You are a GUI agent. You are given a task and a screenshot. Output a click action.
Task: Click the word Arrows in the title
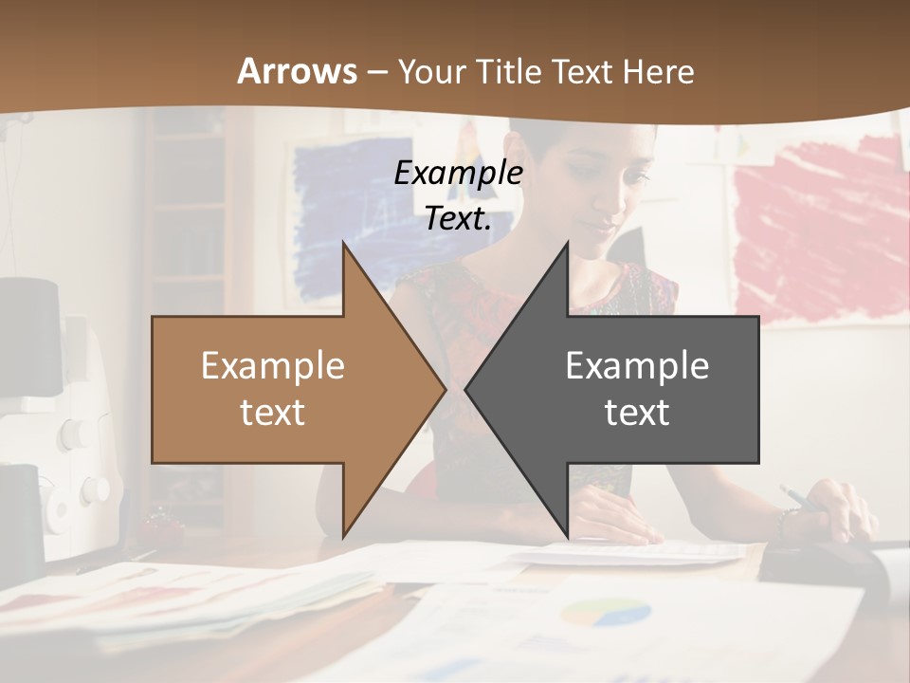pyautogui.click(x=297, y=71)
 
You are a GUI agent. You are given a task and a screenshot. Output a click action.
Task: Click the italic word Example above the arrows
pyautogui.click(x=458, y=173)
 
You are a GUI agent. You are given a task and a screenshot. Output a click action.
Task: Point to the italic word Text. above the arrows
pyautogui.click(x=458, y=218)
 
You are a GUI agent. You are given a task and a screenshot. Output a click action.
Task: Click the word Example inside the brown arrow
pyautogui.click(x=272, y=365)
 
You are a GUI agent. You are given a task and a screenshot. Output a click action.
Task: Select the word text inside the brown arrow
pyautogui.click(x=272, y=412)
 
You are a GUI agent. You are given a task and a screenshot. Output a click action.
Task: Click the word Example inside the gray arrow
pyautogui.click(x=637, y=365)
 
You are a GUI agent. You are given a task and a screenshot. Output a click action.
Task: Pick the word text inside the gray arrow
pyautogui.click(x=637, y=412)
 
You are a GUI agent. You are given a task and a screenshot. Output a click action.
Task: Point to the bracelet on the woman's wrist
pyautogui.click(x=783, y=523)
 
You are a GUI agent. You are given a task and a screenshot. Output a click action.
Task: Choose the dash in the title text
pyautogui.click(x=376, y=72)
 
